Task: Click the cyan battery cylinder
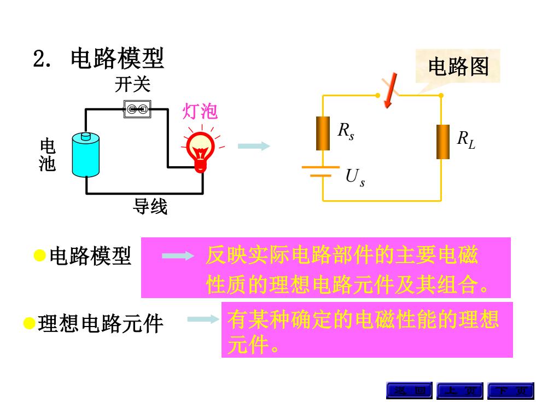[x=86, y=154]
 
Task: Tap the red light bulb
[x=201, y=151]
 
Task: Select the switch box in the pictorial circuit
[x=137, y=109]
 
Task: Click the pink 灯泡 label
[x=200, y=111]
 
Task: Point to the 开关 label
[x=132, y=84]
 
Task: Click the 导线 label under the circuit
[x=150, y=207]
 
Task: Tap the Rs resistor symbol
[x=323, y=133]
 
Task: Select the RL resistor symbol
[x=443, y=142]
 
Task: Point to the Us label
[x=355, y=178]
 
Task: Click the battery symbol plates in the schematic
[x=321, y=171]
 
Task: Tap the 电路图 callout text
[x=458, y=66]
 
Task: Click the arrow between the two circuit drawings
[x=254, y=146]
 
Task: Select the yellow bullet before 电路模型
[x=39, y=255]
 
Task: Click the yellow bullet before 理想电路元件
[x=30, y=323]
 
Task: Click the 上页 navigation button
[x=460, y=391]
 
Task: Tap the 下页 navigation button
[x=511, y=391]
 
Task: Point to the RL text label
[x=466, y=140]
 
